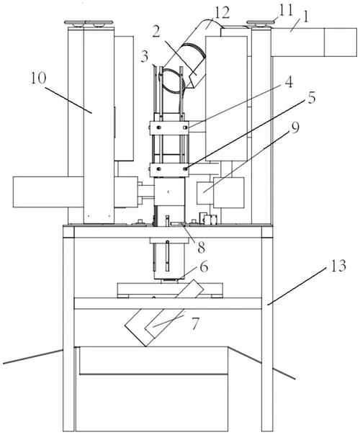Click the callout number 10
point(38,79)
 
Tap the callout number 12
point(222,12)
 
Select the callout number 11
point(286,10)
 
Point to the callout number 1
point(305,17)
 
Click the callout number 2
point(156,32)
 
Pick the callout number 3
point(145,57)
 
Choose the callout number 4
point(289,82)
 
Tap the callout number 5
point(312,98)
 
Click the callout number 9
point(295,128)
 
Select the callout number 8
point(202,247)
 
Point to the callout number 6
point(204,267)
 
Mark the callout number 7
point(195,323)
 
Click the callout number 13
point(338,266)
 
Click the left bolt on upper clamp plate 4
point(159,127)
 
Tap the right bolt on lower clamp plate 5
point(185,169)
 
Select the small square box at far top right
point(341,42)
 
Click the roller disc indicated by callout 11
point(260,23)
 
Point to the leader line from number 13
point(296,287)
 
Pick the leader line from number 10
point(68,100)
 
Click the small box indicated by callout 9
point(205,193)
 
